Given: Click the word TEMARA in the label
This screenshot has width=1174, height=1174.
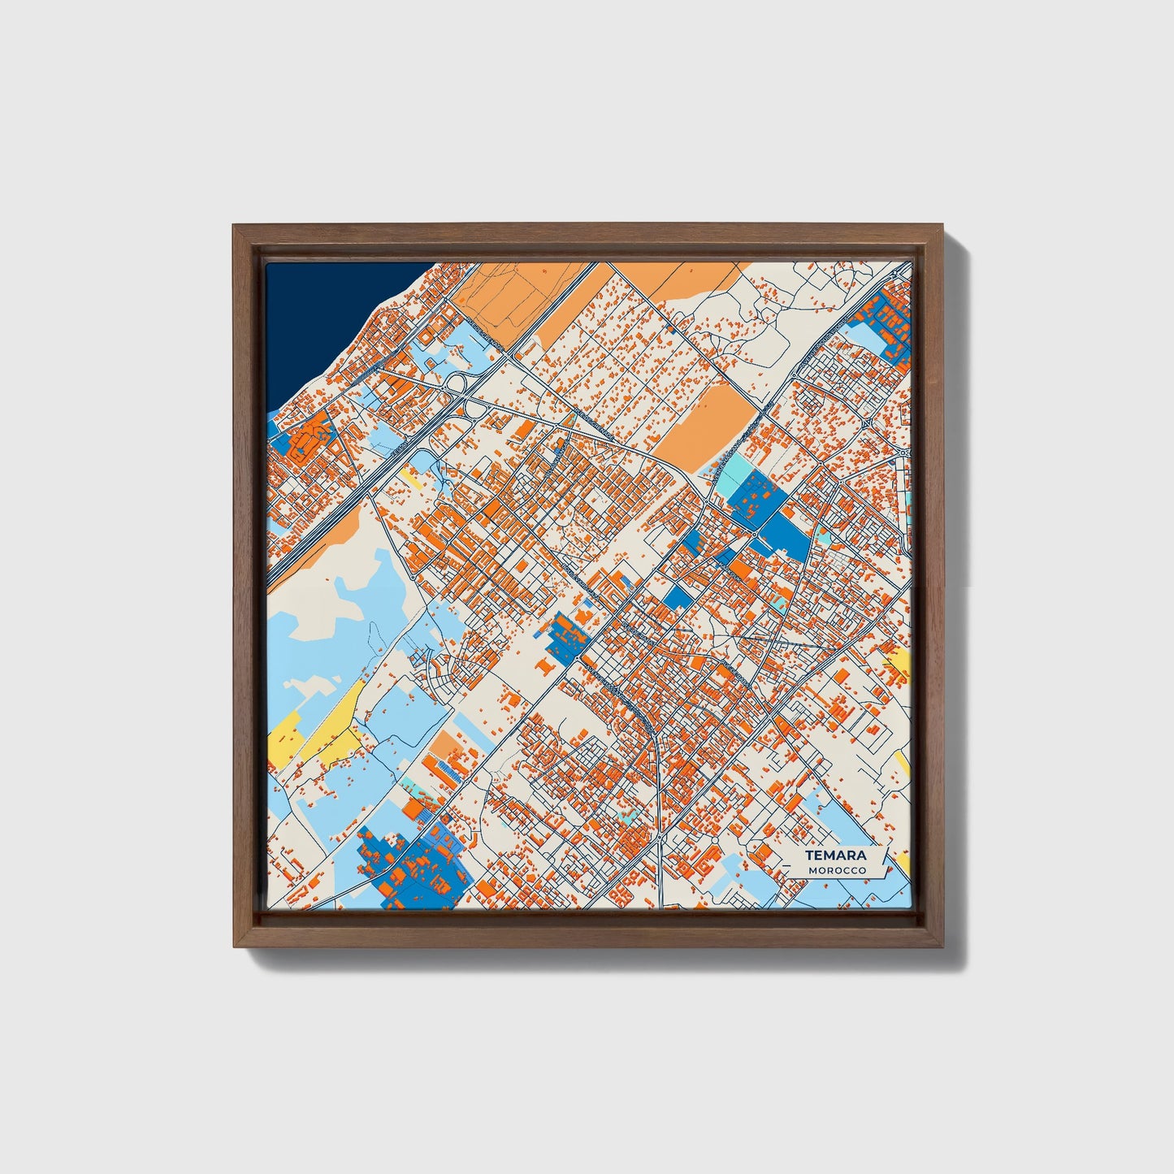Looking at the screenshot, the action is pos(835,856).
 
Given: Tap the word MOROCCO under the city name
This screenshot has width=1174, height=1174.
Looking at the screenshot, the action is pos(837,871).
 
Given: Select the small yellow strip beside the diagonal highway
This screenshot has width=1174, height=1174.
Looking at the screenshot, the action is pos(410,479).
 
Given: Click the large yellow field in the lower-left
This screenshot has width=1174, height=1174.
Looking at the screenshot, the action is pos(325,727).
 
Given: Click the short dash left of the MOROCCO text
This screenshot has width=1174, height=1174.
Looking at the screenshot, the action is pos(798,871).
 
